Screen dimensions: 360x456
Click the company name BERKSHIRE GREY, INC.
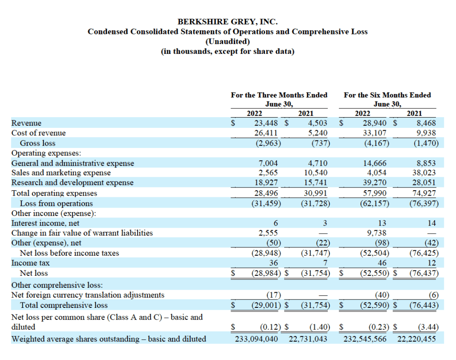(228, 21)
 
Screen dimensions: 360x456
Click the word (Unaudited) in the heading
(228, 41)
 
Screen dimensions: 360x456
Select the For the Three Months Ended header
(279, 95)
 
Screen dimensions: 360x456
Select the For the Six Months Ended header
(387, 95)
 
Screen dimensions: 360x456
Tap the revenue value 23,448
(266, 123)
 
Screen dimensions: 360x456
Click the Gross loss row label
(38, 143)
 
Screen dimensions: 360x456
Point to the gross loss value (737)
(318, 143)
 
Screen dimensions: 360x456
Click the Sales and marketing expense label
(61, 173)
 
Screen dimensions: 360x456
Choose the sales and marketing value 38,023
(424, 173)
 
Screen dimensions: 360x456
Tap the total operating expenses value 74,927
(424, 193)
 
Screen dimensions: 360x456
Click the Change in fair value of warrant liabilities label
(82, 233)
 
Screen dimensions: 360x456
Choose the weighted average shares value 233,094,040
(256, 339)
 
